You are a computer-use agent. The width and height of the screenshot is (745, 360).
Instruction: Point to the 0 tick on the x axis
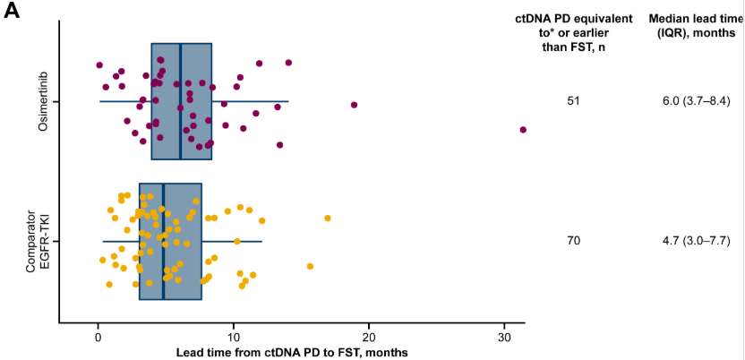[x=98, y=337]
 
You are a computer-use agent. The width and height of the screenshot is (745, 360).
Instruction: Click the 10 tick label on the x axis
[x=234, y=337]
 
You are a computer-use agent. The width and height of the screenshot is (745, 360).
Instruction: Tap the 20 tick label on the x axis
[x=369, y=337]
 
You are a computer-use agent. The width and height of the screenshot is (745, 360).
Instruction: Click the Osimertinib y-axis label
[x=42, y=101]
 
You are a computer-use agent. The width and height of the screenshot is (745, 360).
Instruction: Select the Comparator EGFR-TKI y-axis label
[x=42, y=241]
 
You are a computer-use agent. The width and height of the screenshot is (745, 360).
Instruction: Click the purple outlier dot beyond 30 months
[x=523, y=130]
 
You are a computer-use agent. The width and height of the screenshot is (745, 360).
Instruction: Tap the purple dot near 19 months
[x=355, y=105]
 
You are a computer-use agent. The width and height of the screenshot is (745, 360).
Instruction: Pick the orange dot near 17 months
[x=328, y=218]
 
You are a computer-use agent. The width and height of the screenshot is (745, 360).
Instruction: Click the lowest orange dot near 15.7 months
[x=310, y=266]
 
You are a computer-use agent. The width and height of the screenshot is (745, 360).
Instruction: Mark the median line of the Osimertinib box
[x=180, y=101]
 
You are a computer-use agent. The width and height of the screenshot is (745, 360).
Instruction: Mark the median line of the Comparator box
[x=163, y=241]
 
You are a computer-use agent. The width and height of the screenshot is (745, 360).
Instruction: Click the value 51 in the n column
[x=574, y=101]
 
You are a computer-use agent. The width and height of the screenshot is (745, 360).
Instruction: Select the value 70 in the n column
[x=574, y=241]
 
